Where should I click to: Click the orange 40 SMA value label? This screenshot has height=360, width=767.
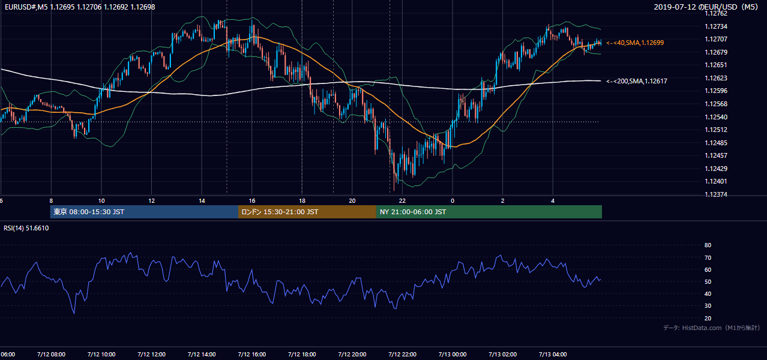coord(635,43)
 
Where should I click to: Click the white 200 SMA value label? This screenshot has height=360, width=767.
coord(637,81)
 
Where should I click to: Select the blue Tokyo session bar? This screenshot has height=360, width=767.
coord(144,212)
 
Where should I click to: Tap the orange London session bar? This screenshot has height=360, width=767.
coord(307,212)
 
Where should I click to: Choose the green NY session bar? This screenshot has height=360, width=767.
coord(489,212)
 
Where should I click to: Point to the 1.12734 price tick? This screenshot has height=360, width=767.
coord(716,26)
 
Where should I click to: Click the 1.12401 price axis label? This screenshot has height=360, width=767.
coord(716,181)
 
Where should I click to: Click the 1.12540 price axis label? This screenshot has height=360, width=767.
coord(716,117)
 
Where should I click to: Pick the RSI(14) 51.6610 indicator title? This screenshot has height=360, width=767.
coord(26,228)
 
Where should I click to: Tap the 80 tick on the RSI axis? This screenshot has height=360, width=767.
coord(708,245)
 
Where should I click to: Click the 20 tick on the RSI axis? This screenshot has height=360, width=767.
coord(708,318)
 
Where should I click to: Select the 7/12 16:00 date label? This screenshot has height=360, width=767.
coord(251,355)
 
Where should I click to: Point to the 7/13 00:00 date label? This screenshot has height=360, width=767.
coord(453,355)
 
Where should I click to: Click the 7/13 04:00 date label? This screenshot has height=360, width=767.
coord(553,355)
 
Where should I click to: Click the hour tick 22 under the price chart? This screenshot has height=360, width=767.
coord(402,201)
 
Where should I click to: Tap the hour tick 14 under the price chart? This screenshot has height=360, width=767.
coord(202,201)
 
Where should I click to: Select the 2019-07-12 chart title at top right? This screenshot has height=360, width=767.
coord(706,7)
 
